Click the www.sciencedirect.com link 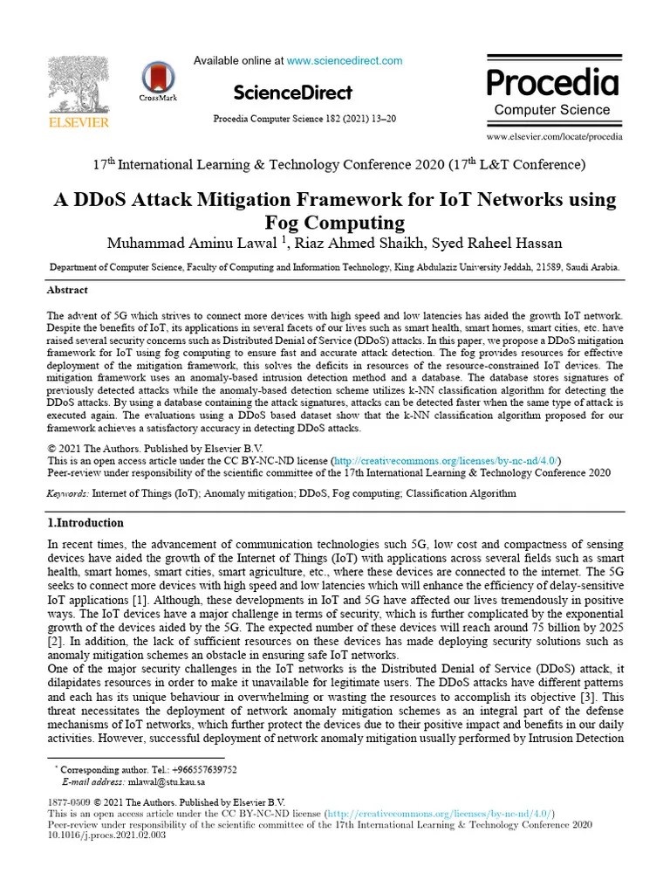pyautogui.click(x=345, y=61)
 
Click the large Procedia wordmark pyautogui.click(x=552, y=82)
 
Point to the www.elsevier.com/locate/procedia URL pyautogui.click(x=554, y=137)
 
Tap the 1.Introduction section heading pyautogui.click(x=85, y=523)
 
